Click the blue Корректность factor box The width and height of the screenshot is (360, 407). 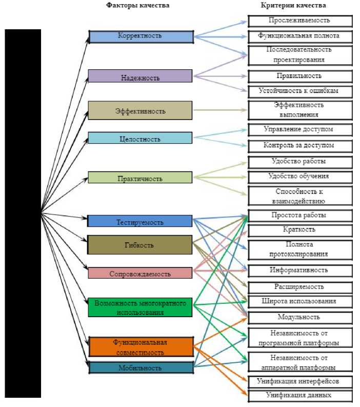coord(141,36)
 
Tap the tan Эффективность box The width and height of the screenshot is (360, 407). coord(140,110)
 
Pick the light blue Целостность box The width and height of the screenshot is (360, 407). coord(140,138)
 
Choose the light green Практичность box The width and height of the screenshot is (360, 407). coord(140,178)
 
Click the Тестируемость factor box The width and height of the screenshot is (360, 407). coord(140,221)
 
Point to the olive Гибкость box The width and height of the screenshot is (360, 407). coord(140,245)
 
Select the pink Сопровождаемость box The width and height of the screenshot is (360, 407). coord(140,273)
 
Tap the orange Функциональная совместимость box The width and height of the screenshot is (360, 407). coord(140,347)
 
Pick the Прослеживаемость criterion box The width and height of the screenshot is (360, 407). coord(300,21)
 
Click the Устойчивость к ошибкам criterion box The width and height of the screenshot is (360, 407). coord(300,91)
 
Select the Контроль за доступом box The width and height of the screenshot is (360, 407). coord(300,146)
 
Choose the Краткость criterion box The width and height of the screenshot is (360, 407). coord(300,229)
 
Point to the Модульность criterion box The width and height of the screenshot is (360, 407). coord(300,318)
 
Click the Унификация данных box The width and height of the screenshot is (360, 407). coord(300,396)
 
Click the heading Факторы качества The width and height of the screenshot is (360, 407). coord(138,5)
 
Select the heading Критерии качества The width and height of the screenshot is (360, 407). coord(293,5)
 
